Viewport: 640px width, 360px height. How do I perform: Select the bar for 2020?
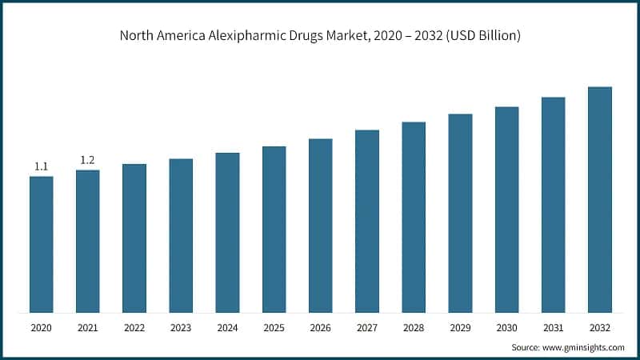click(42, 244)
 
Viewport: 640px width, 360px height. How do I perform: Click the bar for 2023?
click(181, 235)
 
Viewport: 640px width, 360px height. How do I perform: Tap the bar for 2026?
click(321, 226)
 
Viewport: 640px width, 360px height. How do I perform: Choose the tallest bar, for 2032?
click(599, 199)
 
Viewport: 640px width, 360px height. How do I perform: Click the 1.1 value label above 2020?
click(42, 166)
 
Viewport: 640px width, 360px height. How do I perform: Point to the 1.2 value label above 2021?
click(88, 160)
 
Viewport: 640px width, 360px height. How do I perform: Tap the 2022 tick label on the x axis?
click(134, 328)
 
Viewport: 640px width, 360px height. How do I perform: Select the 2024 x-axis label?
click(227, 328)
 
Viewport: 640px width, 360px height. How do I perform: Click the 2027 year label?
click(367, 328)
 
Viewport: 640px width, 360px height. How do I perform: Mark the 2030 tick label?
click(506, 328)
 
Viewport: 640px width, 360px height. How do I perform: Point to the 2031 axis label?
click(553, 328)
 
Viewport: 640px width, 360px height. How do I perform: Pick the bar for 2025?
click(274, 230)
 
